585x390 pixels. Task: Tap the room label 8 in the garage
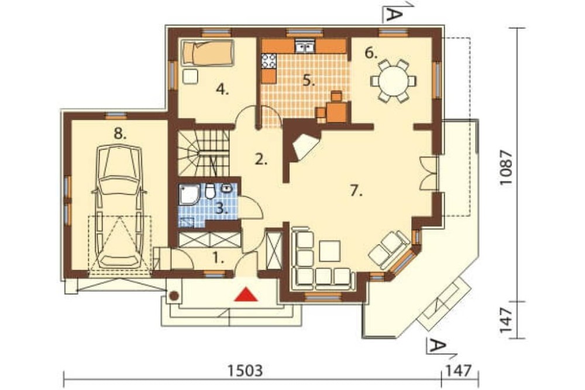pos(120,134)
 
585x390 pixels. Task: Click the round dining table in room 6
pos(393,81)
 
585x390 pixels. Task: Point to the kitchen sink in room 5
pos(305,47)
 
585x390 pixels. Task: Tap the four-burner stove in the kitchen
pos(269,61)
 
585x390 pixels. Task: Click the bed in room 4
pos(208,54)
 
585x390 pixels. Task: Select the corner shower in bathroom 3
pos(190,195)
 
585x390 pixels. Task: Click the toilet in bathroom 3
pos(210,191)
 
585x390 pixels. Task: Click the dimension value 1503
pos(245,371)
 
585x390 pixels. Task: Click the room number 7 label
pos(356,191)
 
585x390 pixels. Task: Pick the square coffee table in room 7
pos(329,251)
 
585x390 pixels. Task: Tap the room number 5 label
pos(308,80)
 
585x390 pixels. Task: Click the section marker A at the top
pos(393,15)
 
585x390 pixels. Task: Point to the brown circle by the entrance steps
pos(174,296)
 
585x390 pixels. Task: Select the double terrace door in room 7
pos(428,174)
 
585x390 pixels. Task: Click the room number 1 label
pos(218,258)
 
